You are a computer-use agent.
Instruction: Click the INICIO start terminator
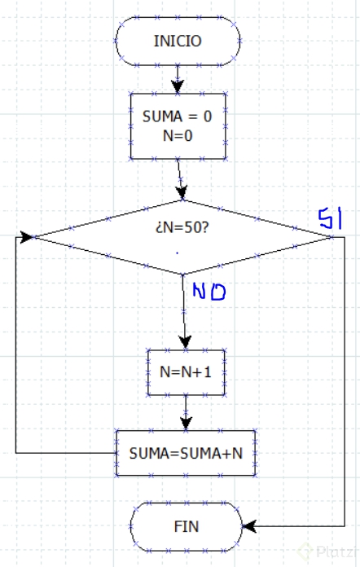tap(178, 41)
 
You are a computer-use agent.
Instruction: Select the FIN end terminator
tap(186, 526)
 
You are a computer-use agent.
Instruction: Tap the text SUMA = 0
tap(177, 116)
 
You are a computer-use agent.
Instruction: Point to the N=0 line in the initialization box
tap(177, 135)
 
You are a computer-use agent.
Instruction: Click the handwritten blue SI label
tap(331, 218)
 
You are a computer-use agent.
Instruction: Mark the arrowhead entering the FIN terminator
tap(248, 526)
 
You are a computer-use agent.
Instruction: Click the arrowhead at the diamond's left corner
tap(28, 237)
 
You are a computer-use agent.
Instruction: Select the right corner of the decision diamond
tap(331, 236)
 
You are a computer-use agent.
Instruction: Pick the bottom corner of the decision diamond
tap(182, 275)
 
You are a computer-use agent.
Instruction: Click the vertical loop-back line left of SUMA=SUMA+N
tap(16, 342)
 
